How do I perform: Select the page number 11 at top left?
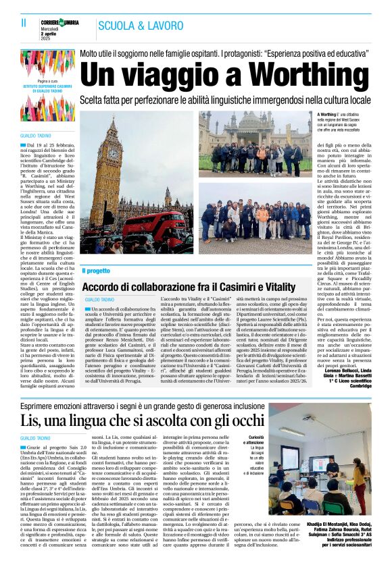24,23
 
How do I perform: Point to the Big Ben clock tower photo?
112,175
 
